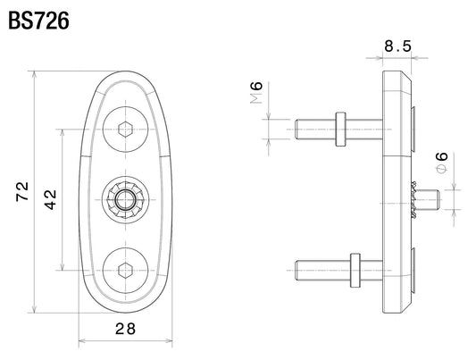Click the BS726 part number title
pyautogui.click(x=39, y=21)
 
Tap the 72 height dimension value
pyautogui.click(x=22, y=191)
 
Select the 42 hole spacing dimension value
pyautogui.click(x=50, y=200)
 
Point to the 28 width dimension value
pyautogui.click(x=125, y=329)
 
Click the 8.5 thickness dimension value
pyautogui.click(x=397, y=46)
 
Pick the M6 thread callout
pyautogui.click(x=256, y=92)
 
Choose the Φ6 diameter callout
pyautogui.click(x=442, y=162)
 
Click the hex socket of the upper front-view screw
pyautogui.click(x=125, y=130)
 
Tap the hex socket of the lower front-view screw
pyautogui.click(x=125, y=270)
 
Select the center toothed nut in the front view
pyautogui.click(x=125, y=200)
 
